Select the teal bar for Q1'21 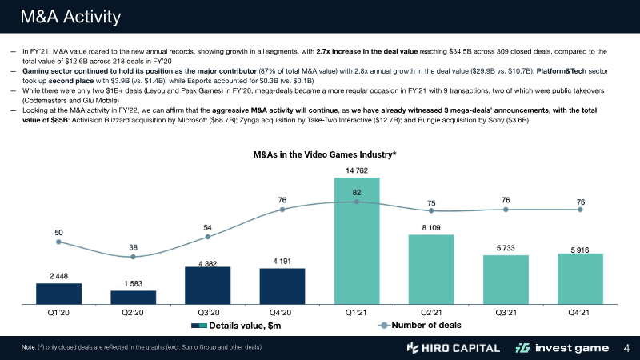[357, 241]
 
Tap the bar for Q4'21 [580, 278]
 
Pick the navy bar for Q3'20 [207, 285]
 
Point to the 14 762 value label [357, 170]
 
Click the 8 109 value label [431, 228]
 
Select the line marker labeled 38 [133, 257]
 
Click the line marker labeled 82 [357, 202]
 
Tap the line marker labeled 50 [58, 242]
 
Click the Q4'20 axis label [282, 313]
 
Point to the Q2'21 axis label [431, 313]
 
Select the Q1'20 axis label [58, 313]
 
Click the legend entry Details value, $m [245, 326]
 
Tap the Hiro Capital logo [453, 348]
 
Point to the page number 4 [626, 348]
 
